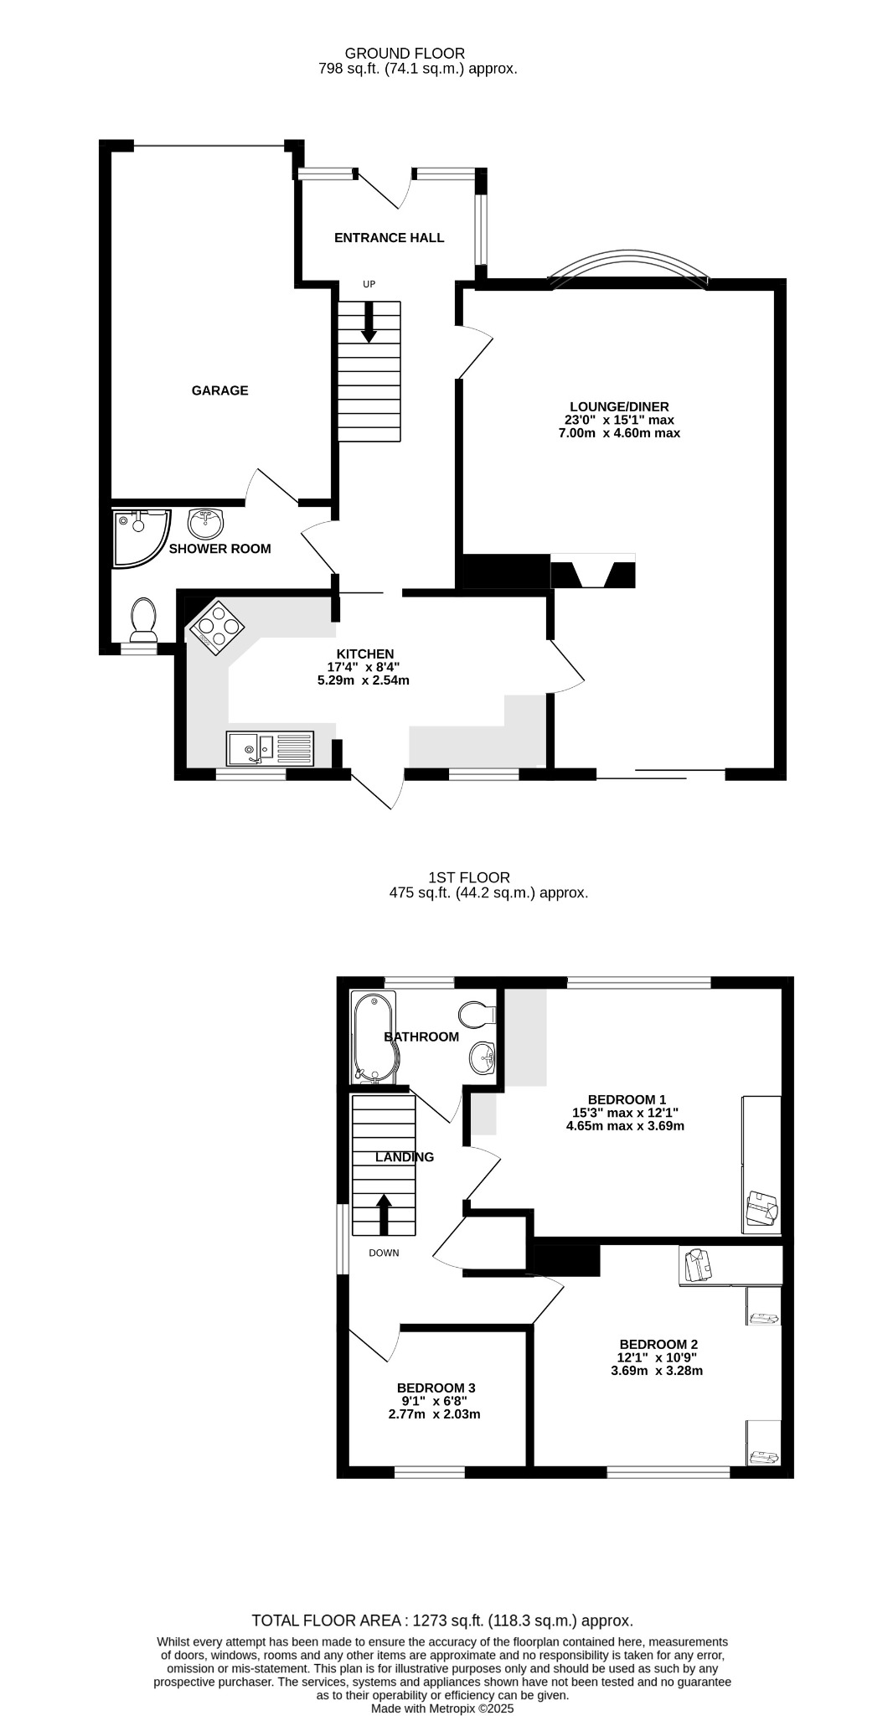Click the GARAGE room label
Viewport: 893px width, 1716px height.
(x=219, y=390)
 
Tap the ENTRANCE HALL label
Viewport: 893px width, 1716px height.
(x=389, y=238)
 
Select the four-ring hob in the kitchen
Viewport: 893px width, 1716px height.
(x=216, y=625)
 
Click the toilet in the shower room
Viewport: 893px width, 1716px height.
(x=144, y=618)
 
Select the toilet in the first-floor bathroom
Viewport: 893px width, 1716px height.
(x=478, y=1014)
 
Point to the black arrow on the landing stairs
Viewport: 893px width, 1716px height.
(x=383, y=1214)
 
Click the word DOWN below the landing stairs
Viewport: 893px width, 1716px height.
(x=384, y=1253)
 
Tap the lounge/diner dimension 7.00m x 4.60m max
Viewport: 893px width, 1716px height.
(x=619, y=433)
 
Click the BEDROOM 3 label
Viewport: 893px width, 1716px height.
(x=436, y=1388)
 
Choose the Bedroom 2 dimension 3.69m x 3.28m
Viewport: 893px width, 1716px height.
(x=657, y=1371)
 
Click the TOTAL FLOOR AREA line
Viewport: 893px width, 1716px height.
(x=442, y=1621)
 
